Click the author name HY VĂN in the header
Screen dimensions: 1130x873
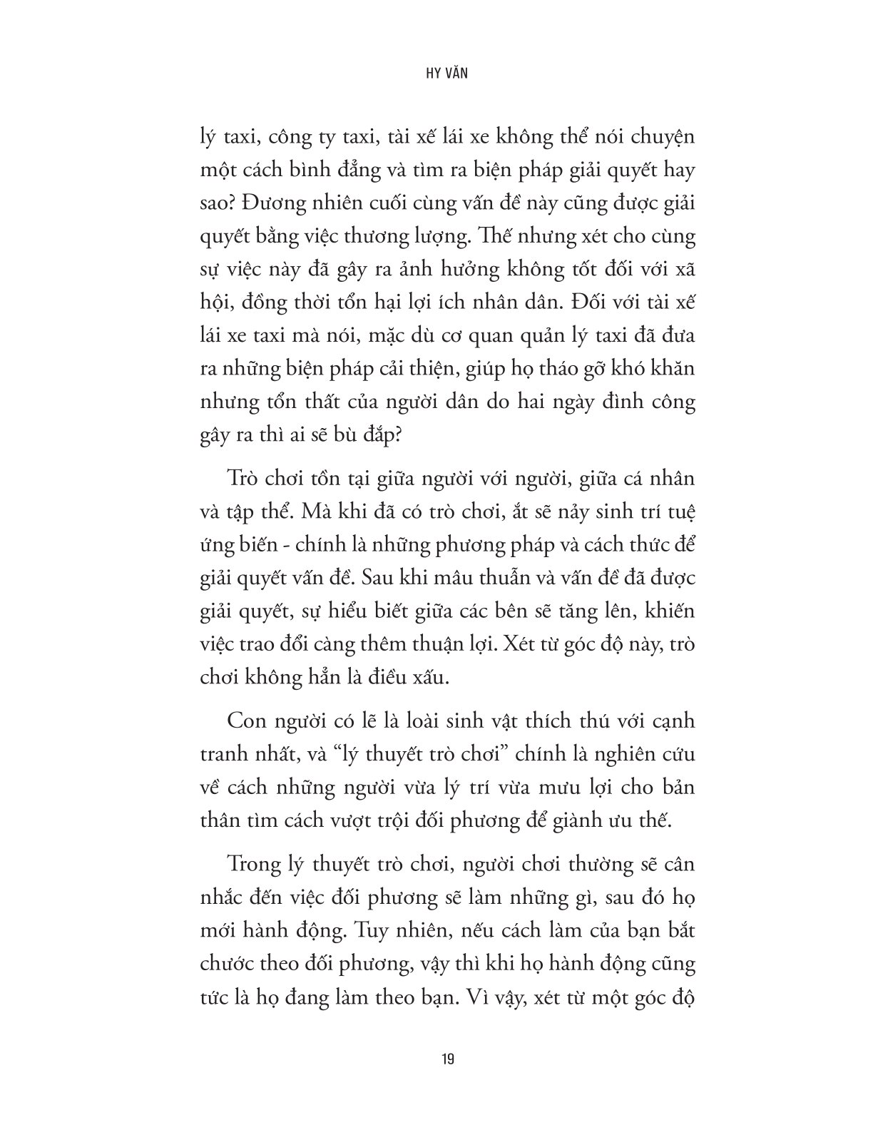tap(436, 73)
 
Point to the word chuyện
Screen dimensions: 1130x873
tap(657, 136)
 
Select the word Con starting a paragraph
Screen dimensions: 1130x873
tap(245, 721)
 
